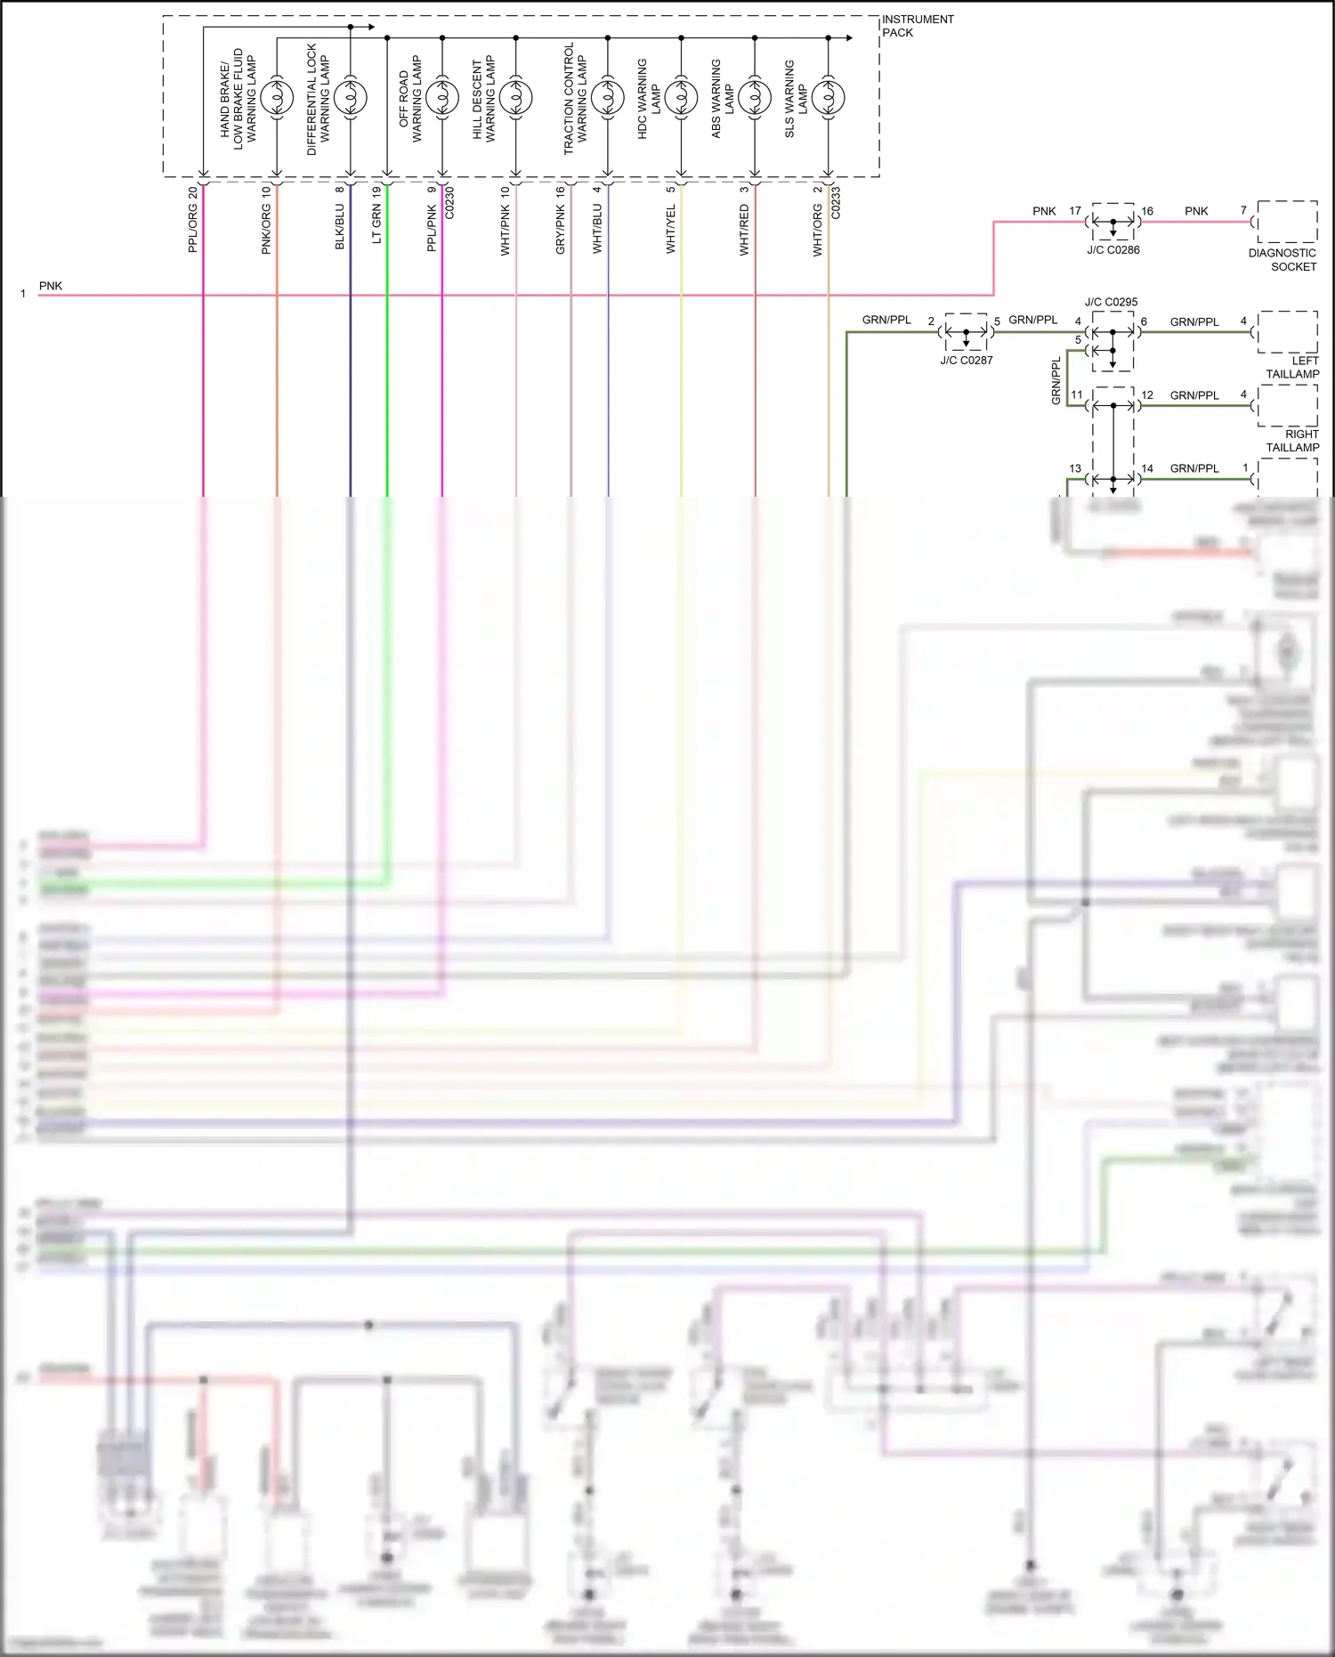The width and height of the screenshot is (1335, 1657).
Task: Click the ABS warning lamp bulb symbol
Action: point(755,97)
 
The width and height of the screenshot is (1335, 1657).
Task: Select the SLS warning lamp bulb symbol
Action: point(828,97)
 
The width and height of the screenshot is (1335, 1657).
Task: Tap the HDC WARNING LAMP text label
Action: point(649,99)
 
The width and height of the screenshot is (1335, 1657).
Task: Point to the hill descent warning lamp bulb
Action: point(515,97)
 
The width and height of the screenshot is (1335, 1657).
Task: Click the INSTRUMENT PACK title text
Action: point(917,26)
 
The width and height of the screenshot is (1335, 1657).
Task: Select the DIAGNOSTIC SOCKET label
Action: point(1282,260)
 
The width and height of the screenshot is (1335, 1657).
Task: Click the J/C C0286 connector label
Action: point(1112,250)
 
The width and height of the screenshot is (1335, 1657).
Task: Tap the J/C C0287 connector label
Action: point(966,361)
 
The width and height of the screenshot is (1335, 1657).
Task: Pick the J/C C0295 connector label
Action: point(1111,302)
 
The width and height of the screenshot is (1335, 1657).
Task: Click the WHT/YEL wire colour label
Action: point(671,229)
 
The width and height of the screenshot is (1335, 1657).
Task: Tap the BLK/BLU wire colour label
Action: point(339,227)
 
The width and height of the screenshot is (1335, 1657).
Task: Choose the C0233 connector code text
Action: point(836,202)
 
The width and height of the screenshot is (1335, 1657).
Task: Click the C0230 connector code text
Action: point(449,202)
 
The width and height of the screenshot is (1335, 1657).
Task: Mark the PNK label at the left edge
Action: point(51,286)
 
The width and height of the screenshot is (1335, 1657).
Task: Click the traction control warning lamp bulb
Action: point(608,97)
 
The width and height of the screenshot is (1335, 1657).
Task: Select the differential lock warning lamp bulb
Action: point(350,97)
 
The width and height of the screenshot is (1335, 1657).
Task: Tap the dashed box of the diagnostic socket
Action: point(1287,222)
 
